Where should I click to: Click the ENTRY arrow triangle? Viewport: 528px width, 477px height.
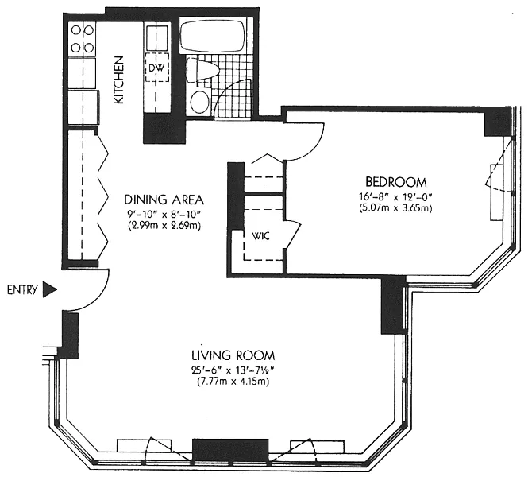coord(49,290)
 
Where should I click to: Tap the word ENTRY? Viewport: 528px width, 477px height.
coord(22,290)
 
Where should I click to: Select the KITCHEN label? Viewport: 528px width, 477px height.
coord(118,79)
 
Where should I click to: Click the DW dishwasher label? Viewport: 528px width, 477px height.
coord(156,68)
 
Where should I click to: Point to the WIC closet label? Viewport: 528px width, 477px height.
coord(261,236)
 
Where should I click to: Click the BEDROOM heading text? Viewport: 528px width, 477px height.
coord(396,182)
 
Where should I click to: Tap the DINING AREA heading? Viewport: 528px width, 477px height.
coord(164,200)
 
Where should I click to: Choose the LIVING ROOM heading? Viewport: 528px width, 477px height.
coord(233,355)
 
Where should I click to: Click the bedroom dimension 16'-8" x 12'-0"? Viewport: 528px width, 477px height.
coord(396,196)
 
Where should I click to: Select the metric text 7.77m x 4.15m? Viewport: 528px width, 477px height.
coord(233,382)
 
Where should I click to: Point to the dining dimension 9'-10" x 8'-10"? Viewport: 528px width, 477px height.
coord(164,214)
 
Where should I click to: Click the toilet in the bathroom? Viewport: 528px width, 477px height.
coord(203,70)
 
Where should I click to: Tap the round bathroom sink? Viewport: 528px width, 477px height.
coord(199,101)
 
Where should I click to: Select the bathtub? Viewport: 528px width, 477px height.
coord(213,36)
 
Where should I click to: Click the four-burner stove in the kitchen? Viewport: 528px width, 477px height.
coord(83,39)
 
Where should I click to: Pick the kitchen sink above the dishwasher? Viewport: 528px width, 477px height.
coord(157,37)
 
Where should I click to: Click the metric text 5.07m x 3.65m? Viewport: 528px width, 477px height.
coord(396,208)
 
